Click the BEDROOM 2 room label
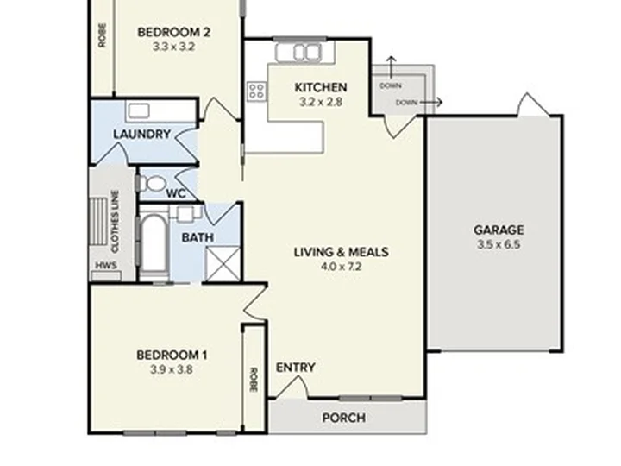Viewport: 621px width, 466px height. [x=173, y=33]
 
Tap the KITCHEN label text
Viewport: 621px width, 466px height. [x=321, y=87]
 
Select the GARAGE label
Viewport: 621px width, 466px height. [x=499, y=230]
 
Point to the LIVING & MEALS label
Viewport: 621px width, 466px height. [x=341, y=252]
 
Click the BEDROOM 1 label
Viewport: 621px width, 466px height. [x=172, y=355]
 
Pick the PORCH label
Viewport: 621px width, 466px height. [x=343, y=418]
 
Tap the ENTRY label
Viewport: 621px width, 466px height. [x=295, y=368]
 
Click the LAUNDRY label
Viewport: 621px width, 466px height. [x=141, y=135]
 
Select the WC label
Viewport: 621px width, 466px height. [x=176, y=193]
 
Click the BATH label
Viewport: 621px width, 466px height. [x=198, y=237]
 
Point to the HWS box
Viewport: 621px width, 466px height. [x=105, y=265]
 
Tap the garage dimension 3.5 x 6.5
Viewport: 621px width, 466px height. [x=499, y=244]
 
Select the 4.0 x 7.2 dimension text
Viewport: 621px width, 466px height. [x=341, y=267]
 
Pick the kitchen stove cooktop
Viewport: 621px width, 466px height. [x=256, y=91]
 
